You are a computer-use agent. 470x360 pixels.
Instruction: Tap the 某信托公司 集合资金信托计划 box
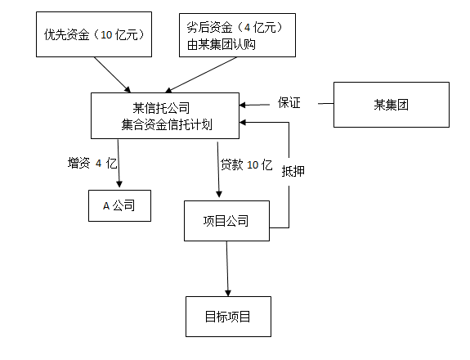pyautogui.click(x=167, y=115)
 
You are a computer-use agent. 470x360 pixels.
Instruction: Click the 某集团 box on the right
pyautogui.click(x=391, y=104)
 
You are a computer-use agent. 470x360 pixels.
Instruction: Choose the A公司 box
pyautogui.click(x=120, y=205)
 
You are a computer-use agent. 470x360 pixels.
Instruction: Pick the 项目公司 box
pyautogui.click(x=226, y=221)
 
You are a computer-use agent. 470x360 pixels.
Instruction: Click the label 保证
pyautogui.click(x=289, y=103)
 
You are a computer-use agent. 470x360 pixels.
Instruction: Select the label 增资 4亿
pyautogui.click(x=92, y=163)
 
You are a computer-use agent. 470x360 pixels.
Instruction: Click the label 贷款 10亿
pyautogui.click(x=246, y=164)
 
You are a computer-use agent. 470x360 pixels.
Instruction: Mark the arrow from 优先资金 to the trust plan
pyautogui.click(x=114, y=74)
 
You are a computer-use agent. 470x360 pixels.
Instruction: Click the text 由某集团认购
pyautogui.click(x=221, y=44)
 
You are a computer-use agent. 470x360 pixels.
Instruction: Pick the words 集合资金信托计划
pyautogui.click(x=167, y=125)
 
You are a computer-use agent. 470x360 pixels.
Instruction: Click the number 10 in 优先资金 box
pyautogui.click(x=107, y=34)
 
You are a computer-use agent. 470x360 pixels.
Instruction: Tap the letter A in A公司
pyautogui.click(x=106, y=206)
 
